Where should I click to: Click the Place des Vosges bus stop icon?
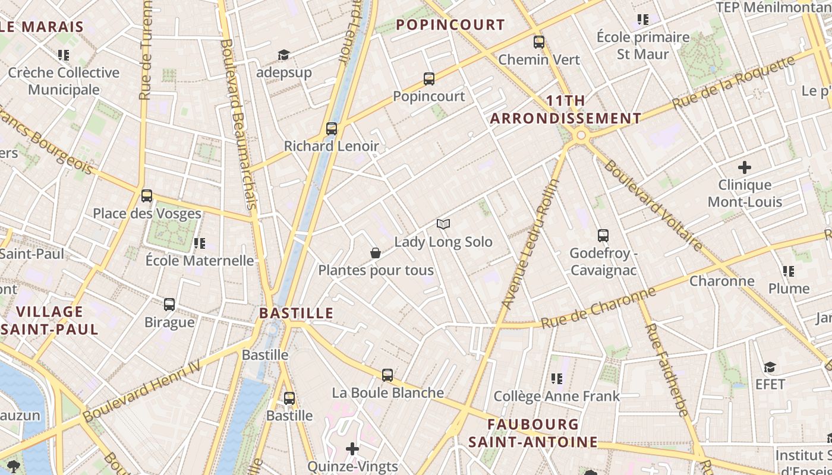pyautogui.click(x=146, y=195)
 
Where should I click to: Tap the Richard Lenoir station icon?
pyautogui.click(x=332, y=128)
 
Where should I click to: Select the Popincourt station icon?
pyautogui.click(x=429, y=78)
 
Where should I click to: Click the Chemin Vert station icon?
pyautogui.click(x=539, y=42)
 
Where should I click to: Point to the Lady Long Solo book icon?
pyautogui.click(x=443, y=224)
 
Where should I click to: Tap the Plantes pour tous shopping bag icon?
pyautogui.click(x=376, y=253)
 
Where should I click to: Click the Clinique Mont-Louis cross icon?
pyautogui.click(x=744, y=167)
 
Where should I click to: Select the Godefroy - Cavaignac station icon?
pyautogui.click(x=603, y=236)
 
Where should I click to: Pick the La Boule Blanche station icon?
pyautogui.click(x=387, y=375)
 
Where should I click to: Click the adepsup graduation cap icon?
pyautogui.click(x=283, y=55)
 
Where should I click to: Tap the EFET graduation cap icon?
pyautogui.click(x=770, y=367)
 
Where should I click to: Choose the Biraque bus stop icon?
pyautogui.click(x=169, y=305)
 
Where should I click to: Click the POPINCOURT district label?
pyautogui.click(x=450, y=25)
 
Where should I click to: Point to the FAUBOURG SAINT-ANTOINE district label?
pyautogui.click(x=532, y=433)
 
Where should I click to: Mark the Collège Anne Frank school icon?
pyautogui.click(x=557, y=378)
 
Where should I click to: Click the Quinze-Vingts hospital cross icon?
pyautogui.click(x=352, y=449)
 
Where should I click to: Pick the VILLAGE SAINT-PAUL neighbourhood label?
pyautogui.click(x=50, y=320)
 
